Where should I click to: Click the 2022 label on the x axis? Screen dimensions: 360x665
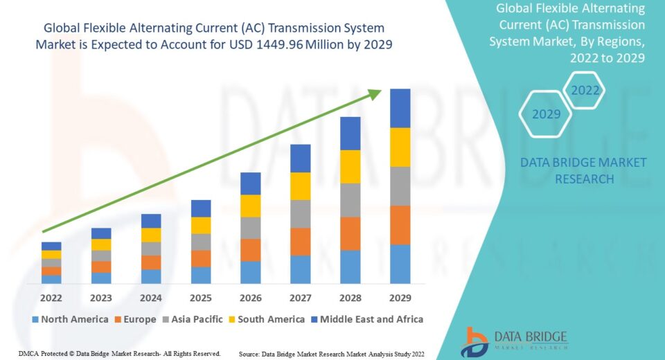tap(51, 298)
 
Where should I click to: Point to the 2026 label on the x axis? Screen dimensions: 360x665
tap(250, 298)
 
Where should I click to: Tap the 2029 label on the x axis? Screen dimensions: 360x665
tap(400, 298)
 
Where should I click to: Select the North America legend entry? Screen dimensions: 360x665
tap(69, 319)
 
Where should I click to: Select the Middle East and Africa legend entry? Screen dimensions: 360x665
tap(367, 319)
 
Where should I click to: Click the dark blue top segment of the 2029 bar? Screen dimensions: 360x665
tap(400, 108)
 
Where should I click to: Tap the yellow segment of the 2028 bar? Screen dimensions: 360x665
tap(350, 166)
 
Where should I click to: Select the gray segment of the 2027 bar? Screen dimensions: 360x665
tap(300, 214)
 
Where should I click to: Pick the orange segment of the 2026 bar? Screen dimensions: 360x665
tap(250, 250)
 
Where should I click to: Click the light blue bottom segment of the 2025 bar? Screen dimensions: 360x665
tap(201, 275)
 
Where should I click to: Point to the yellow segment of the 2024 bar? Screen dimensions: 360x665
tap(151, 235)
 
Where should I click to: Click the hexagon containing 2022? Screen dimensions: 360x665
tap(585, 90)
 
